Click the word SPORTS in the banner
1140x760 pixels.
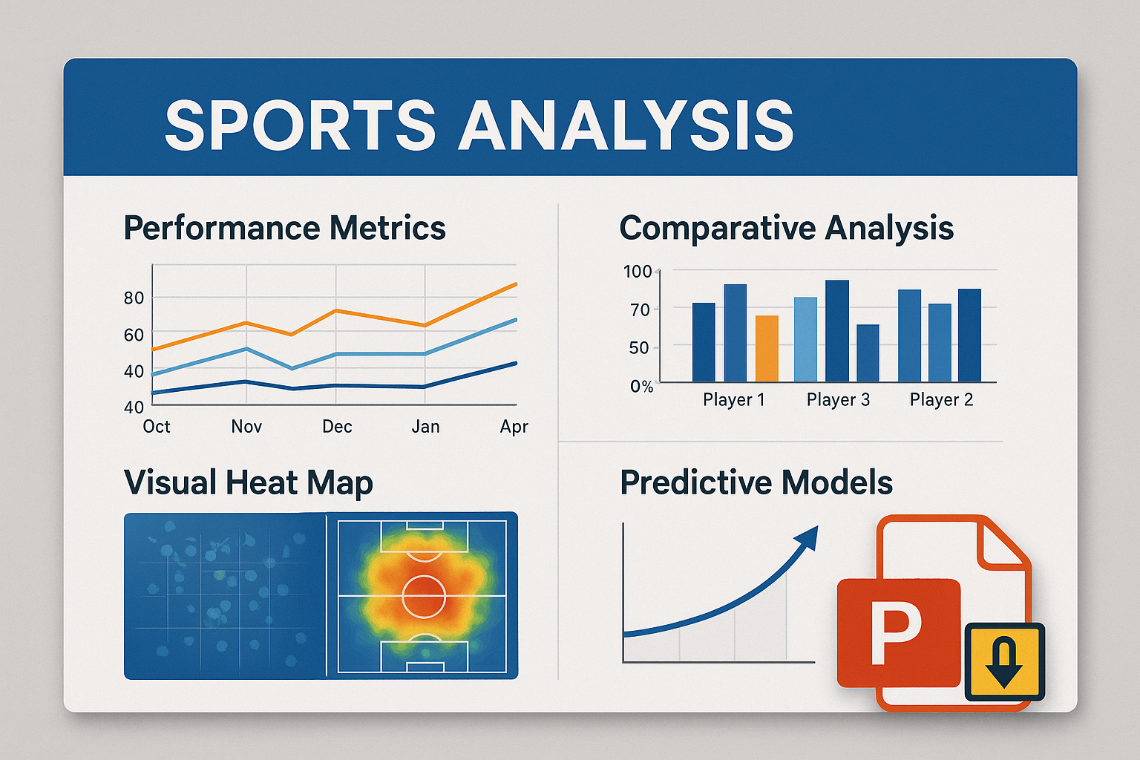301,125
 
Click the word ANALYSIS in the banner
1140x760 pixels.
626,125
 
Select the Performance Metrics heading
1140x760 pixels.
285,229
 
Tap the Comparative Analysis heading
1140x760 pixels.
787,229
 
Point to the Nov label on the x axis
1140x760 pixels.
246,426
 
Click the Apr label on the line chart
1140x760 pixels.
514,427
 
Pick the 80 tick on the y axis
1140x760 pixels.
134,298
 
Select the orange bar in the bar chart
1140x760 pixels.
767,349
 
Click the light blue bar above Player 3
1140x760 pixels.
805,339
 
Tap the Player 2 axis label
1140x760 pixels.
942,399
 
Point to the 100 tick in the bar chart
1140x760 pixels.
638,272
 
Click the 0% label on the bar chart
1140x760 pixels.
641,387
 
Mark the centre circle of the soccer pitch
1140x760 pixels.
424,597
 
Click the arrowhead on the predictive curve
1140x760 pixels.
807,538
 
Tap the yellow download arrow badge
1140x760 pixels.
1005,661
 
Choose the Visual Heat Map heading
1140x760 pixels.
249,482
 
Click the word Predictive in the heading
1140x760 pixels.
697,482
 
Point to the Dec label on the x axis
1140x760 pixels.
337,426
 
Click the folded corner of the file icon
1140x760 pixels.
1003,545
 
